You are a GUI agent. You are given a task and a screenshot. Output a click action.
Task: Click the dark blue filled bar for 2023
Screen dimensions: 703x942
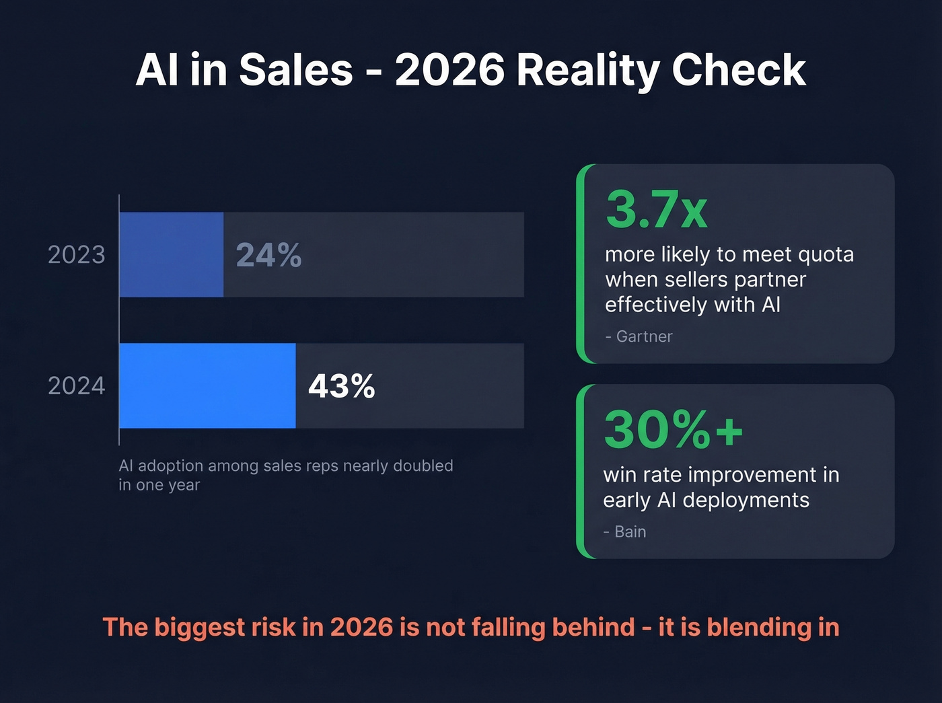(171, 254)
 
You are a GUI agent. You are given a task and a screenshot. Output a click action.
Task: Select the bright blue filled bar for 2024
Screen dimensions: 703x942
(207, 385)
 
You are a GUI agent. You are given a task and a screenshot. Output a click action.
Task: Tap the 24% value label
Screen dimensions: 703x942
(268, 255)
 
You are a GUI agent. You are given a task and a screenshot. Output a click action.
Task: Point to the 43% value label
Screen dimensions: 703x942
(341, 386)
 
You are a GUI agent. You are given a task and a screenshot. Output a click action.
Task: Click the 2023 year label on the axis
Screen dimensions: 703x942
(77, 255)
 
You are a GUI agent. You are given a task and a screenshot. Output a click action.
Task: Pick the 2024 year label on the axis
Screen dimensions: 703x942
(77, 386)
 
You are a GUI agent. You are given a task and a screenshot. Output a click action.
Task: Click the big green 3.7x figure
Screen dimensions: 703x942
(656, 209)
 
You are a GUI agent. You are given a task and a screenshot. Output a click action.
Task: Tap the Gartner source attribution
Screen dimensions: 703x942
(644, 336)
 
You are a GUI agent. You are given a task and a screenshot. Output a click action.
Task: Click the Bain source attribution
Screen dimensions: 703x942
(630, 531)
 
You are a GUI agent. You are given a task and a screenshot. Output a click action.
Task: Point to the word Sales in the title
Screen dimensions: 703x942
(296, 70)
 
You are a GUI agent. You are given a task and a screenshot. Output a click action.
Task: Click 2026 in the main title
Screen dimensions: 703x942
(449, 70)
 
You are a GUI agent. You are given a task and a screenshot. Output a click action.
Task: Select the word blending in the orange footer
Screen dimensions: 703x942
(760, 628)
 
